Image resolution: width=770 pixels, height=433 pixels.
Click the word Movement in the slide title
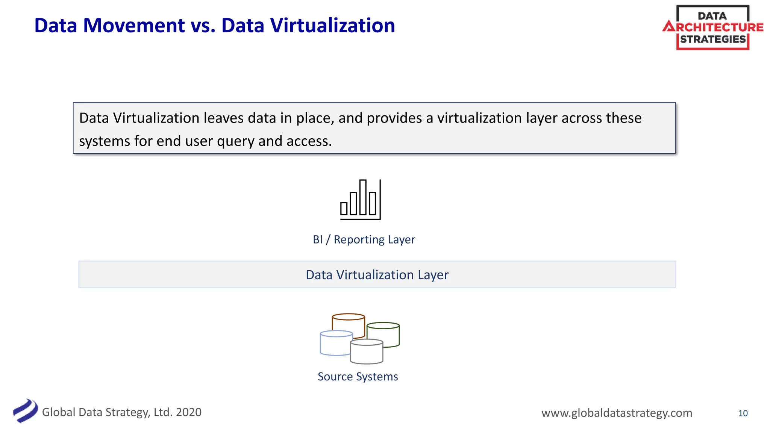pyautogui.click(x=134, y=26)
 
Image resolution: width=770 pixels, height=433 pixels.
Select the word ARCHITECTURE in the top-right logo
pyautogui.click(x=713, y=27)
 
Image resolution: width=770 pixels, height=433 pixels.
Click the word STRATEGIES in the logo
pyautogui.click(x=712, y=39)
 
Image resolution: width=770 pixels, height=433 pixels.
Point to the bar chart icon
pyautogui.click(x=360, y=200)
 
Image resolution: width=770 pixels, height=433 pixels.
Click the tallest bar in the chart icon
pyautogui.click(x=363, y=197)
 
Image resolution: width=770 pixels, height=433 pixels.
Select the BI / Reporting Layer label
pyautogui.click(x=364, y=239)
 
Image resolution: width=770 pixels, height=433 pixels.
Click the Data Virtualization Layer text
pyautogui.click(x=377, y=275)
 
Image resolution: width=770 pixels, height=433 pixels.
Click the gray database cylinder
pyautogui.click(x=367, y=352)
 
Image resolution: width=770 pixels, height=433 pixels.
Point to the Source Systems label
pyautogui.click(x=358, y=377)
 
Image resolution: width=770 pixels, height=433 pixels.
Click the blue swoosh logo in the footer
pyautogui.click(x=25, y=411)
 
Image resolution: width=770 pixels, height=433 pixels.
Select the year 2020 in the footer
pyautogui.click(x=189, y=412)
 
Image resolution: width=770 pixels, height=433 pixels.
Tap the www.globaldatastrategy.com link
pyautogui.click(x=617, y=413)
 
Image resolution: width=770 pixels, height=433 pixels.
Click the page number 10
pyautogui.click(x=743, y=413)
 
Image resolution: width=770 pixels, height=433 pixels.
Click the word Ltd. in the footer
pyautogui.click(x=163, y=412)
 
